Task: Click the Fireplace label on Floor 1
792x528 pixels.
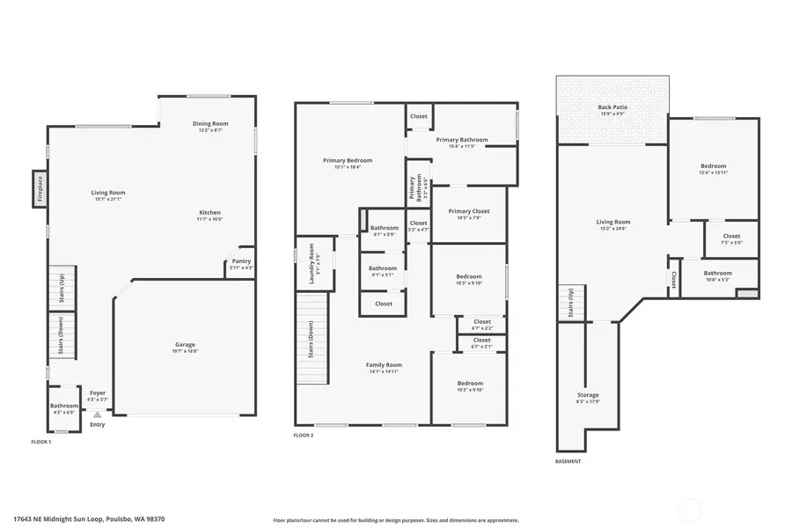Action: tap(40, 188)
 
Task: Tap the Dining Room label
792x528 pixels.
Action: tap(210, 127)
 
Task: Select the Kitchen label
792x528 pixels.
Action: tap(209, 216)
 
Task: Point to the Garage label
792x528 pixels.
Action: tap(185, 348)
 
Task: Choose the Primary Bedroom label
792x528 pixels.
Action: tap(347, 163)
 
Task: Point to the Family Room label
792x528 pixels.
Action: tap(384, 368)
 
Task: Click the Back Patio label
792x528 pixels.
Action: tap(612, 110)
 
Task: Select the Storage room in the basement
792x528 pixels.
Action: tap(588, 398)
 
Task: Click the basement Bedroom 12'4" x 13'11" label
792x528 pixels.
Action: tap(713, 169)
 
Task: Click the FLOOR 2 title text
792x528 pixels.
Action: tap(303, 435)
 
